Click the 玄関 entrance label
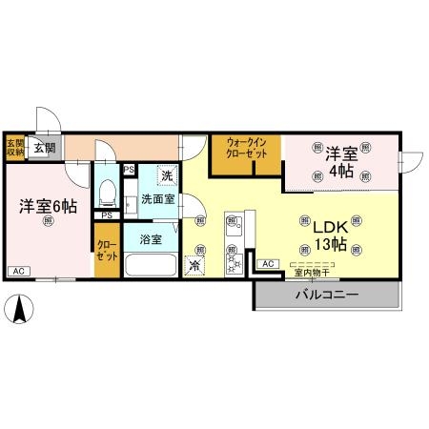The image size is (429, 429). point(45,147)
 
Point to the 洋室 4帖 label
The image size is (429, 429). point(341,161)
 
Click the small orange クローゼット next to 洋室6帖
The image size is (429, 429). point(107,250)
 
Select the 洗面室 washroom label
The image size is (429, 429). point(157,200)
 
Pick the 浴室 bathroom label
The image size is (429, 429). point(151,237)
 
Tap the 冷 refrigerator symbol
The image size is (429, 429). point(196,266)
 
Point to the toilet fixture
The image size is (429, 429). point(107,194)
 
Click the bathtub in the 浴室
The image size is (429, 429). point(151,265)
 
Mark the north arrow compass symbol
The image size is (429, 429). point(22,308)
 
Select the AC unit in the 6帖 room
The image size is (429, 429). point(17,271)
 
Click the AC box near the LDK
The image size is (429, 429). point(267,263)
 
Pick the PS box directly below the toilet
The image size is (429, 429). point(107,215)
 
